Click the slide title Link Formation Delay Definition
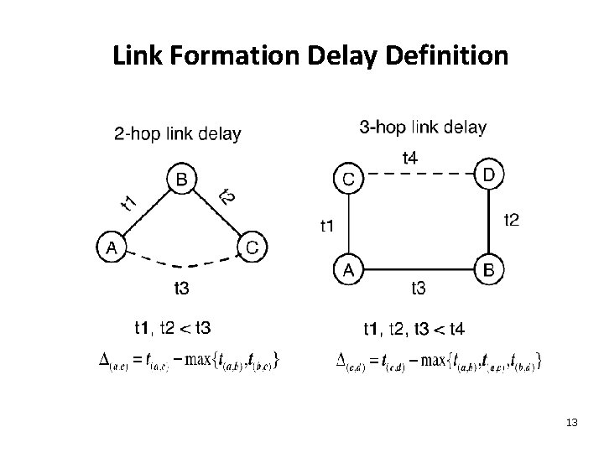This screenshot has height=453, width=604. [x=310, y=56]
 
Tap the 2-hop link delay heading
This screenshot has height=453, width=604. [x=177, y=133]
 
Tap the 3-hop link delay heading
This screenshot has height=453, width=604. [x=422, y=128]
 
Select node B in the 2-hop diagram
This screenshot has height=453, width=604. [x=182, y=179]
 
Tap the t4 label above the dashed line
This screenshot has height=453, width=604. [x=412, y=157]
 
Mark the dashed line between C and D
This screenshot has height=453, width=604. [x=419, y=174]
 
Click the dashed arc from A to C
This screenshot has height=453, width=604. [x=181, y=263]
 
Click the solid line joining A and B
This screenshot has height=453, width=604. [x=419, y=270]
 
